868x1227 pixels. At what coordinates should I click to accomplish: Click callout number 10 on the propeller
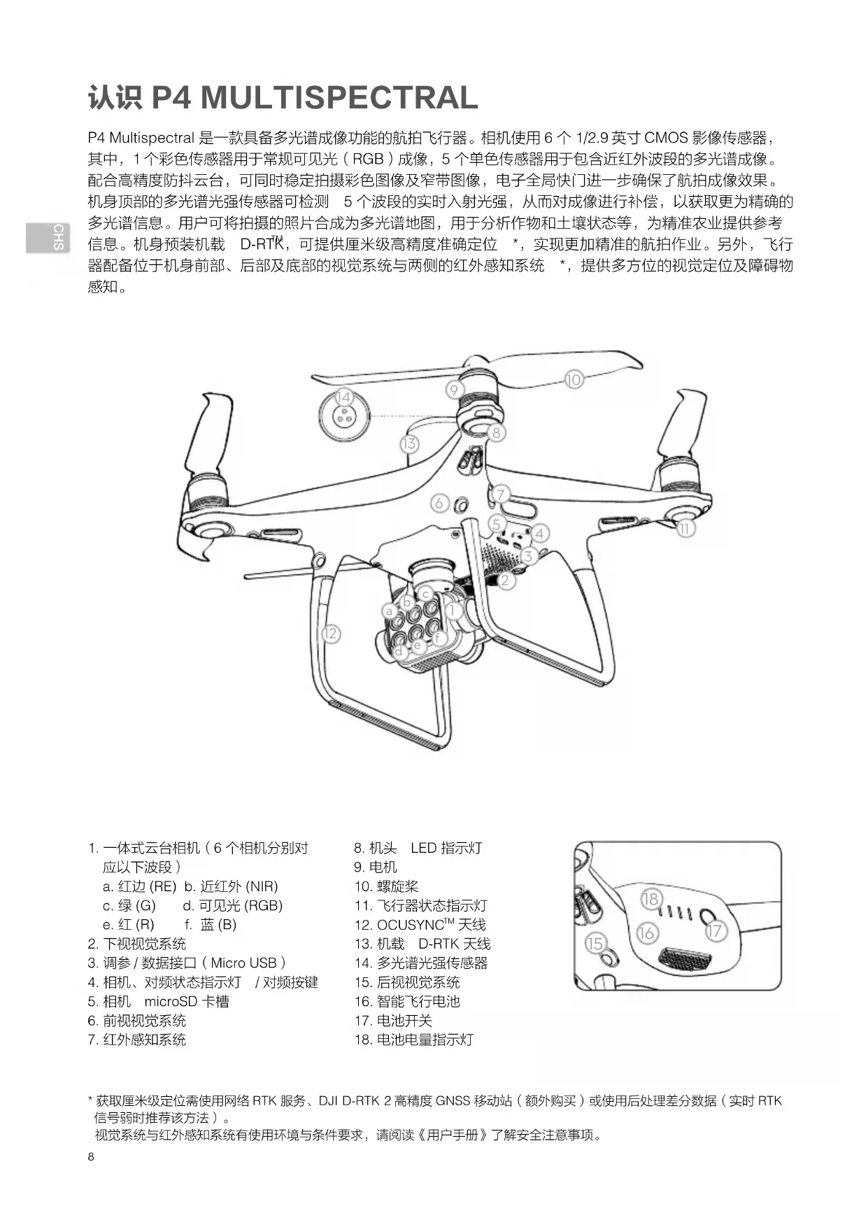pyautogui.click(x=574, y=380)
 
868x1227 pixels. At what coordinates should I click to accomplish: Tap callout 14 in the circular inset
pyautogui.click(x=343, y=397)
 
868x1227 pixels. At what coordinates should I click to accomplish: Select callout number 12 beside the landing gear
pyautogui.click(x=330, y=634)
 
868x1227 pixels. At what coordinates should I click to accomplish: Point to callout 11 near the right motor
pyautogui.click(x=685, y=529)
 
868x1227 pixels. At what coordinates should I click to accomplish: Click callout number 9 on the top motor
pyautogui.click(x=454, y=390)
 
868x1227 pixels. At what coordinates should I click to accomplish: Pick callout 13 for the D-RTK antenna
pyautogui.click(x=409, y=444)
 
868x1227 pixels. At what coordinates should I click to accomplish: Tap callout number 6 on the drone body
pyautogui.click(x=439, y=503)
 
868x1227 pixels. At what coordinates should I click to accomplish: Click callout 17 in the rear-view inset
pyautogui.click(x=714, y=931)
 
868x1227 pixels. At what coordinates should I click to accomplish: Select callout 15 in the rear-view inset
pyautogui.click(x=595, y=943)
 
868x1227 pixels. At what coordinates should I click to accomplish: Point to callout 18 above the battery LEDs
pyautogui.click(x=650, y=899)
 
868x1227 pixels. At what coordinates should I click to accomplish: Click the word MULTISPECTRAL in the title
pyautogui.click(x=339, y=97)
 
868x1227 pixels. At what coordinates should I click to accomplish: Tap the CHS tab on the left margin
pyautogui.click(x=59, y=237)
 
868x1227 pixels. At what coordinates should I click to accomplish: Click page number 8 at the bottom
pyautogui.click(x=91, y=1156)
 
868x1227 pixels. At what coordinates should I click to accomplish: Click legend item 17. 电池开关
pyautogui.click(x=393, y=1021)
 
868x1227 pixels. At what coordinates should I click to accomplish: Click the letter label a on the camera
pyautogui.click(x=390, y=611)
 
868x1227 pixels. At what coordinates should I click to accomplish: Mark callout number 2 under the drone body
pyautogui.click(x=505, y=580)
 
